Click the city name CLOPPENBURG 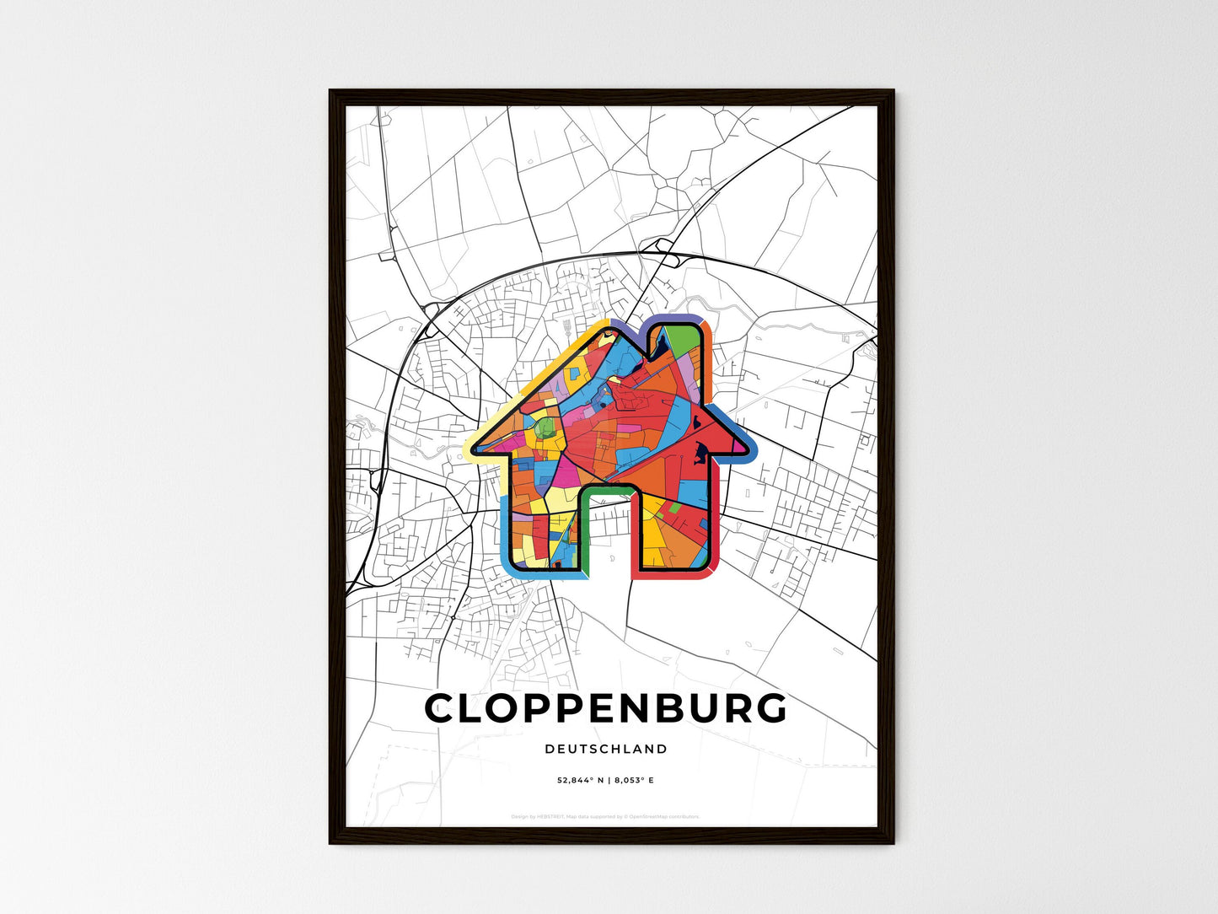pos(606,709)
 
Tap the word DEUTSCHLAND pos(606,749)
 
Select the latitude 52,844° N pos(582,781)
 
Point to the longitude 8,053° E pos(634,781)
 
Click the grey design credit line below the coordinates pos(605,816)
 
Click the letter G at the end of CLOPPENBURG pos(768,709)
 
